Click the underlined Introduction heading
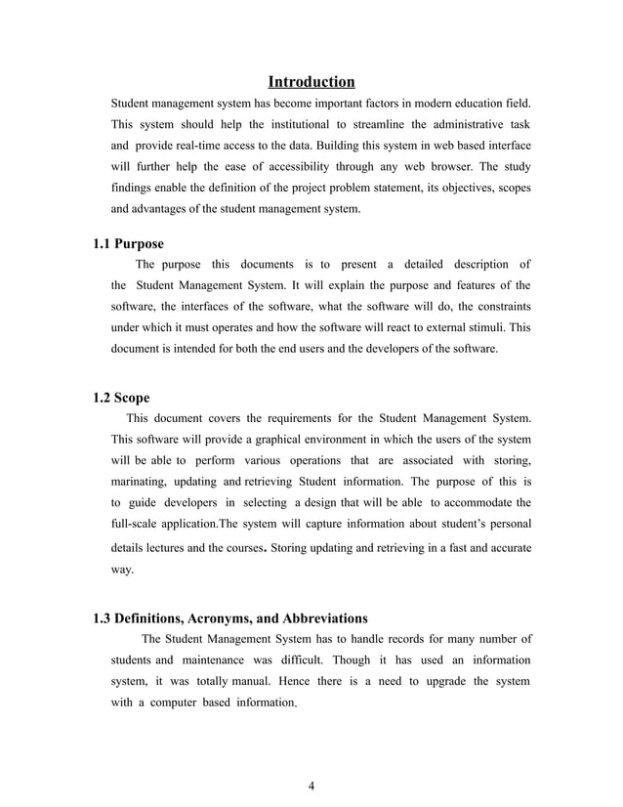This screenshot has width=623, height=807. [x=311, y=81]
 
